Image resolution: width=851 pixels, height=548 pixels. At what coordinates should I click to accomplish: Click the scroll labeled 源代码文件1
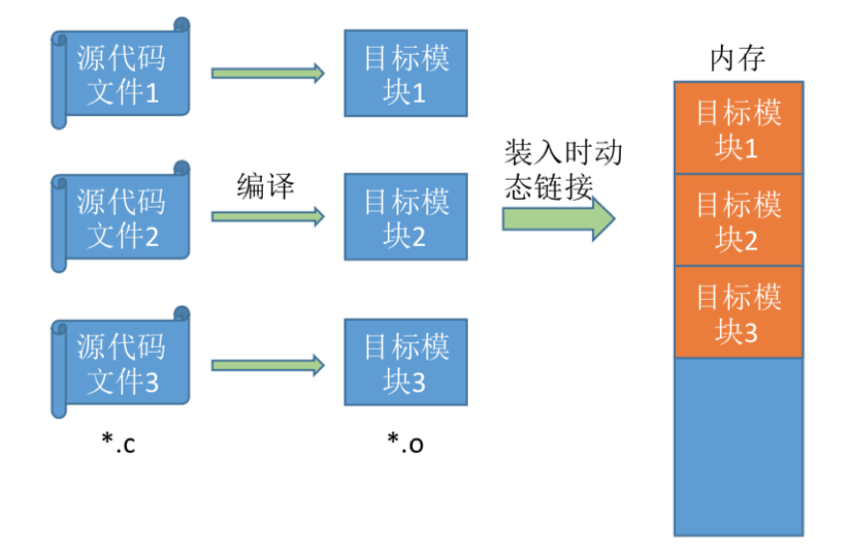pos(120,75)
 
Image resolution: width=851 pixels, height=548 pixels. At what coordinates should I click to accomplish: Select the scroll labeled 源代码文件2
pos(120,218)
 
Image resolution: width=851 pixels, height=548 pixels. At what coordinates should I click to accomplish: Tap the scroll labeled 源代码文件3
pos(120,362)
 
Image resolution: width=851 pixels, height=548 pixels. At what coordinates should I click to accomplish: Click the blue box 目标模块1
pos(405,75)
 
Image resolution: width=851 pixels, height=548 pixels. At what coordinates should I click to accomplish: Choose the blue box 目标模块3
pos(405,362)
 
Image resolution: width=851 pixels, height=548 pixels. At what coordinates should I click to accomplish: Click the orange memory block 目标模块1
pos(738,129)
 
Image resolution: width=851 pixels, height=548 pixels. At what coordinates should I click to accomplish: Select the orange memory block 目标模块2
pos(738,220)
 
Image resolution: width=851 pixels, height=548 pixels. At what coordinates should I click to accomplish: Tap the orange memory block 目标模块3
pos(738,312)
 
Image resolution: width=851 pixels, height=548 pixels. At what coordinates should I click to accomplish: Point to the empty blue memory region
pos(738,446)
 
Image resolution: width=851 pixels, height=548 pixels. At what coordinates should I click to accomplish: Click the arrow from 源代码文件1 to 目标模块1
pos(268,73)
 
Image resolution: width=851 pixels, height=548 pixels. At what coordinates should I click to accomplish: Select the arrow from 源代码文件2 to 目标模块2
pos(268,217)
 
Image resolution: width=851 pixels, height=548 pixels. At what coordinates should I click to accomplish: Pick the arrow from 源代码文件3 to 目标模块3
pos(268,364)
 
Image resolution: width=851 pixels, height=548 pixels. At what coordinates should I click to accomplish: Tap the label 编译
pos(265,186)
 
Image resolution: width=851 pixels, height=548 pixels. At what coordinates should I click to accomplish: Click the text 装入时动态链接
pos(562,171)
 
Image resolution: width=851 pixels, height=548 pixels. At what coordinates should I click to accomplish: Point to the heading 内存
pos(737,59)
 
